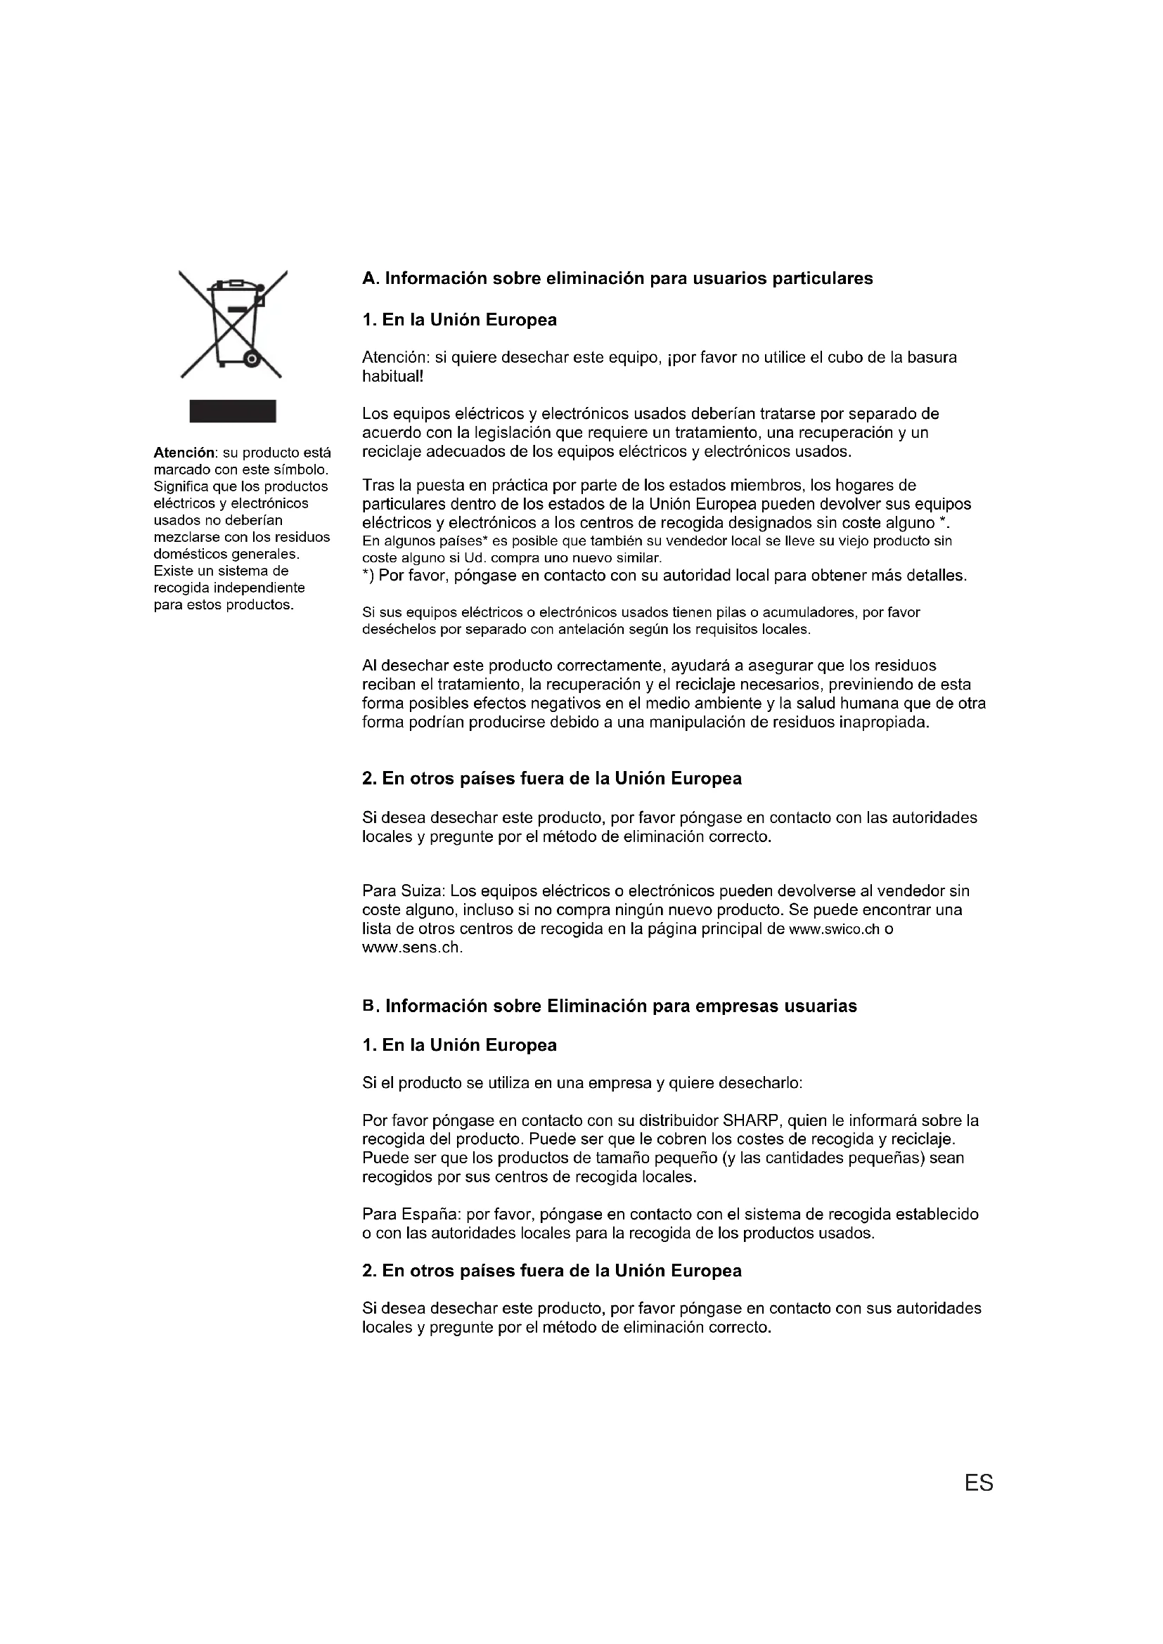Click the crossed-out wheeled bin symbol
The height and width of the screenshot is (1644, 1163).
[x=233, y=324]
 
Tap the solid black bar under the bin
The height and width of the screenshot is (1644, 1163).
[x=233, y=411]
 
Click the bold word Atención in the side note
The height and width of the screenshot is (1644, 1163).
[x=184, y=453]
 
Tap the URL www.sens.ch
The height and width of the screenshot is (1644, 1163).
[x=412, y=948]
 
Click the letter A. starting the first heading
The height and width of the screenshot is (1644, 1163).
[x=370, y=278]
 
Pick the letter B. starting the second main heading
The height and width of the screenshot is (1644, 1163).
[x=370, y=1006]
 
